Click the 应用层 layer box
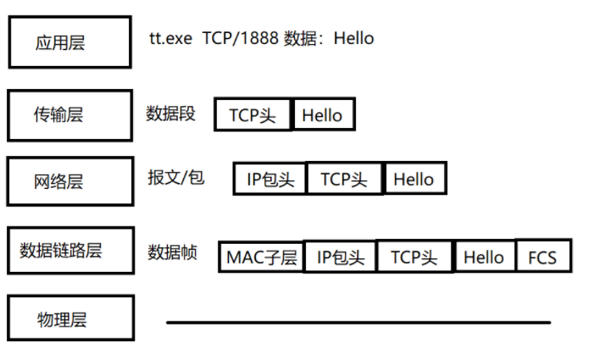point(70,42)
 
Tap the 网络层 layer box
point(70,180)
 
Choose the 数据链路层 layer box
point(70,250)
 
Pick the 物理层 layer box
point(70,318)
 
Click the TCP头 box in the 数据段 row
point(252,115)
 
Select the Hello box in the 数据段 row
point(323,115)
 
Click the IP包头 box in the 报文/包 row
point(270,180)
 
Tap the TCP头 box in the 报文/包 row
point(344,180)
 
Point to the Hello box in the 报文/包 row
point(413,180)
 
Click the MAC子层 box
point(261,257)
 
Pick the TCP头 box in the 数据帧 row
point(414,257)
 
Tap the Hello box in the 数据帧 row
point(484,257)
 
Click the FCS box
point(542,257)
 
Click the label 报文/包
point(175,178)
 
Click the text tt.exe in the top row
point(170,38)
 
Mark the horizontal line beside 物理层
point(358,322)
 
